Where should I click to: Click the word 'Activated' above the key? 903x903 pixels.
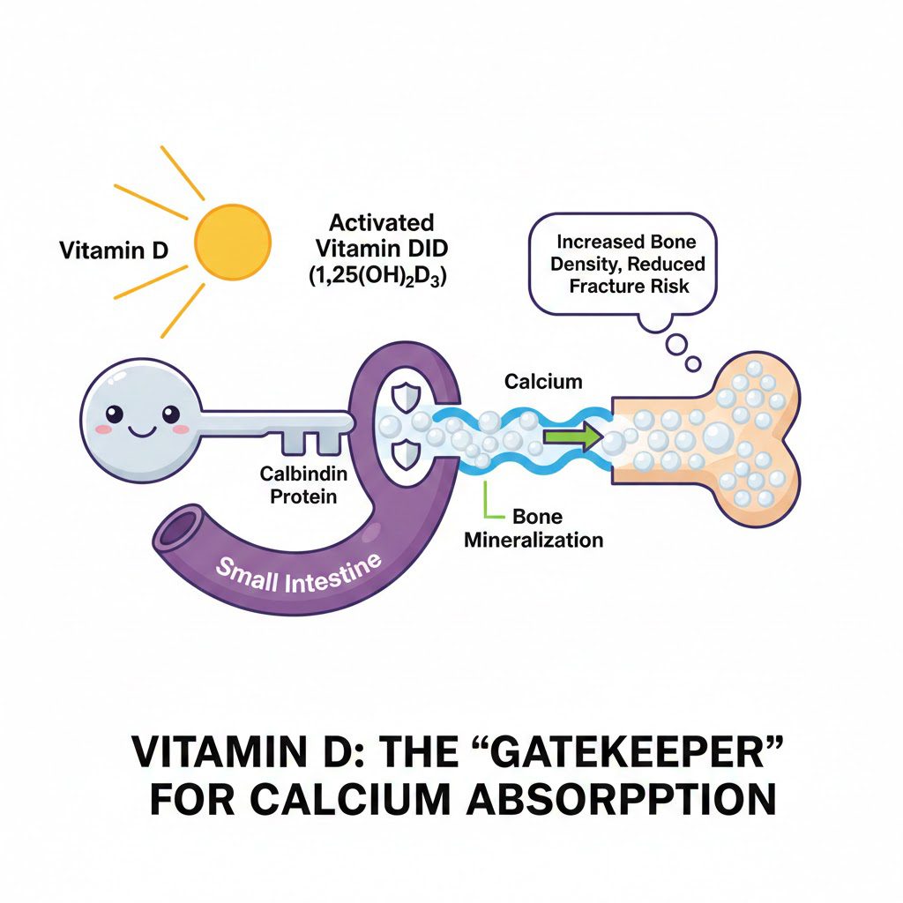tap(381, 220)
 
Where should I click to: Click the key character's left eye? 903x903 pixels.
tap(114, 412)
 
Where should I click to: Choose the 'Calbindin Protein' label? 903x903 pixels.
tap(303, 485)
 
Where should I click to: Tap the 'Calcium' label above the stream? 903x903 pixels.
tap(543, 381)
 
